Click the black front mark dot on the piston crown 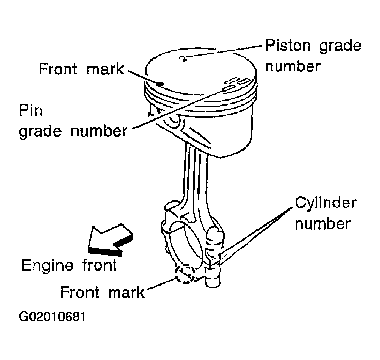click(162, 83)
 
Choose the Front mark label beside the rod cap click(102, 292)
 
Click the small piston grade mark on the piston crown click(181, 58)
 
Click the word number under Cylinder click(325, 224)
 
